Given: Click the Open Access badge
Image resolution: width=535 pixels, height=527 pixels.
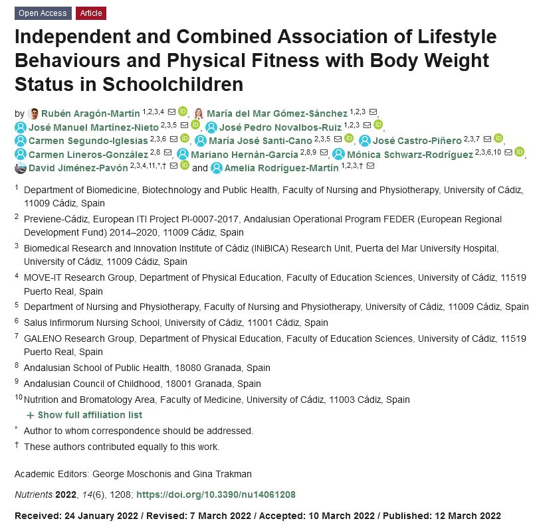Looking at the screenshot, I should (43, 13).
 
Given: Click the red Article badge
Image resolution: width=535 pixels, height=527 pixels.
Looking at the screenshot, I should (91, 13).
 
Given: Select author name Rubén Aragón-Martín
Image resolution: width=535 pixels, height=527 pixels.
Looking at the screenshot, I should (91, 113).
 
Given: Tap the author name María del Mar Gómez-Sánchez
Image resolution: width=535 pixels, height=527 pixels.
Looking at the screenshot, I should (277, 113).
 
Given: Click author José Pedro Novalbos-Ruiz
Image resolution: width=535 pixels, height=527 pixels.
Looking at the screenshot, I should (280, 127).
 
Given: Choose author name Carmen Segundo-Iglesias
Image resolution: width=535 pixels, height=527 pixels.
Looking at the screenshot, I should (88, 140).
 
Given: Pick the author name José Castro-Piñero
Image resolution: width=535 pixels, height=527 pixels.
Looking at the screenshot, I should (417, 140).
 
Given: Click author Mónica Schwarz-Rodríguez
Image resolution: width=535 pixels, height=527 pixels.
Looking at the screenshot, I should (410, 154).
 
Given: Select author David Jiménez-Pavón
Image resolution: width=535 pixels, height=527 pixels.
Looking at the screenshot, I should (78, 167).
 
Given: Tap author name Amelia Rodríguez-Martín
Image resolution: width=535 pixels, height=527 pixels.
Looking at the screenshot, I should (282, 167).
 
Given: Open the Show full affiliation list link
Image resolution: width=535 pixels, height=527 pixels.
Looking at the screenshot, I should (90, 415).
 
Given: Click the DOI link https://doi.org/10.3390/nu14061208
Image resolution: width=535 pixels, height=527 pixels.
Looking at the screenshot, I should (215, 494).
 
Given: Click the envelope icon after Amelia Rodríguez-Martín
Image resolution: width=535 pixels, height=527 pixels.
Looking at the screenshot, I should (370, 165).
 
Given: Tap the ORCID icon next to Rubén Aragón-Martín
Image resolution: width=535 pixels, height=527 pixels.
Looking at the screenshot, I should (183, 112).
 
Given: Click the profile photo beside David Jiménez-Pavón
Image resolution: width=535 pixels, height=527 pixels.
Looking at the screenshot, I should (21, 167).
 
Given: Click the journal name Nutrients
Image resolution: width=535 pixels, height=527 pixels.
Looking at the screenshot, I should (34, 494).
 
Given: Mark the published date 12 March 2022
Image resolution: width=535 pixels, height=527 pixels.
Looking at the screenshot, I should (468, 516).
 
